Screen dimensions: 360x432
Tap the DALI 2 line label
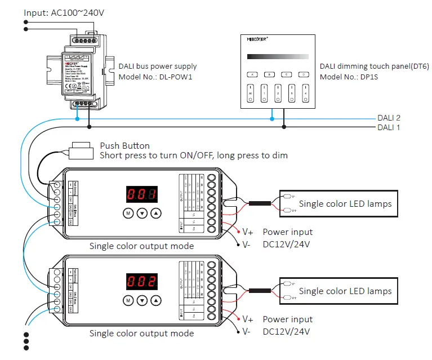click(x=389, y=118)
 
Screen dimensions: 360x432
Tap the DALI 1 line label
click(x=389, y=127)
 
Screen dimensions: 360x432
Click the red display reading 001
click(x=141, y=195)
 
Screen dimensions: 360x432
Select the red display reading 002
click(x=141, y=282)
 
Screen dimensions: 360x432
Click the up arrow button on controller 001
click(x=156, y=214)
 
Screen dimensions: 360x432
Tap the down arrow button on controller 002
click(x=142, y=301)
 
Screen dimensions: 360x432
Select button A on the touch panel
click(x=252, y=74)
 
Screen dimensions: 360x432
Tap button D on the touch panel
click(x=304, y=74)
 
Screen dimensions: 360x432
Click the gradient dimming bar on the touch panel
click(x=278, y=56)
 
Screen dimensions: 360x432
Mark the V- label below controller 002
click(x=246, y=332)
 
